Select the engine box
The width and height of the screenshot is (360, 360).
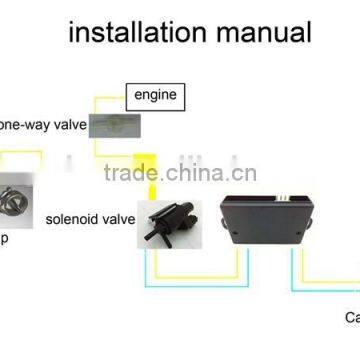[x=155, y=96]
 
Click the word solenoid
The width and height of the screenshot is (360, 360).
[x=71, y=218]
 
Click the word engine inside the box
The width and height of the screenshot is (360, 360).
[x=155, y=96]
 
